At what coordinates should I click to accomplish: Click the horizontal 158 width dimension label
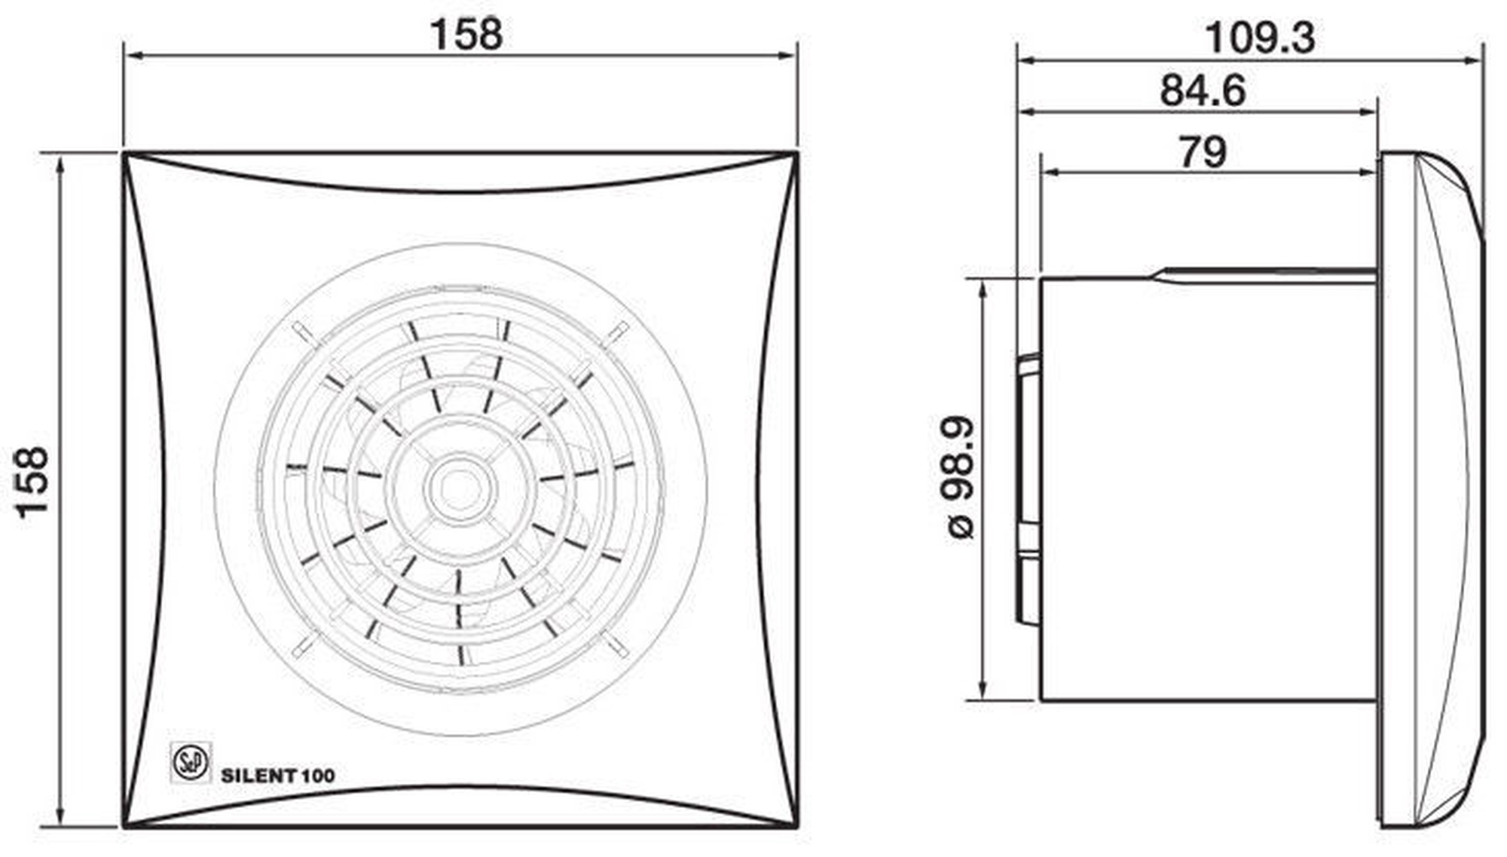466,34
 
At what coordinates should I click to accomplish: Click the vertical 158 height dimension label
33,482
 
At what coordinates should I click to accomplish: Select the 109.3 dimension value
1260,38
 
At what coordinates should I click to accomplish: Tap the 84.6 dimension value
1203,90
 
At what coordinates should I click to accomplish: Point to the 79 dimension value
1203,152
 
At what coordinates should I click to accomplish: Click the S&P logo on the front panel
191,763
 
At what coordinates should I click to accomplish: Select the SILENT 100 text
278,776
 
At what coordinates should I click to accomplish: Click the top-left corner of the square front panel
124,153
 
